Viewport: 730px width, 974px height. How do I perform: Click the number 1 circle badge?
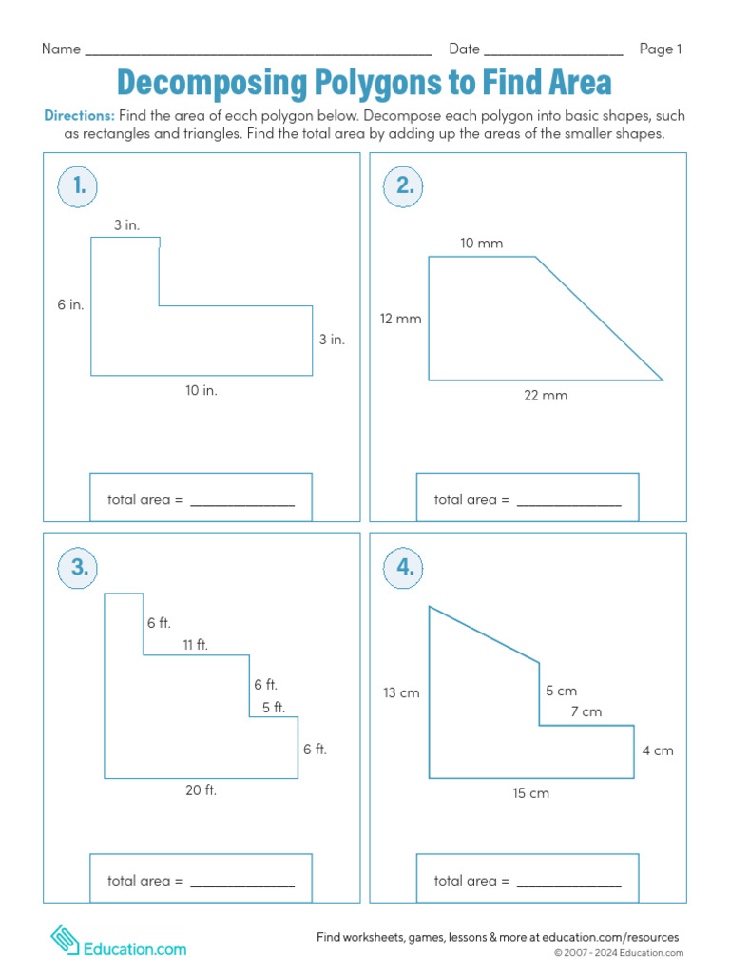click(79, 187)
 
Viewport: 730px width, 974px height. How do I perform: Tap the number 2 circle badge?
click(405, 187)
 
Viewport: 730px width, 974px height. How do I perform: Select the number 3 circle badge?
click(79, 568)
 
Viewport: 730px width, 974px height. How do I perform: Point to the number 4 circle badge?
click(405, 568)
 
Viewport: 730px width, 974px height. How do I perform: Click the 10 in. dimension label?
click(202, 390)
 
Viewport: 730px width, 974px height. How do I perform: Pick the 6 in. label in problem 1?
click(70, 305)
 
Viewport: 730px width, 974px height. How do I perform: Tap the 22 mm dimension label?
click(546, 396)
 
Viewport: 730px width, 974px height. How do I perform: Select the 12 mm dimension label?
click(400, 319)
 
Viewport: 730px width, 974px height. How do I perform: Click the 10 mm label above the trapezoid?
click(481, 243)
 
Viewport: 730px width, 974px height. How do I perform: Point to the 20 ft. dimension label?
click(201, 789)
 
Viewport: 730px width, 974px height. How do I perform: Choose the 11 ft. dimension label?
click(195, 645)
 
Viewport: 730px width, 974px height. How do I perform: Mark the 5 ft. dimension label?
click(273, 707)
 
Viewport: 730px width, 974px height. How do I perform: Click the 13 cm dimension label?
click(401, 693)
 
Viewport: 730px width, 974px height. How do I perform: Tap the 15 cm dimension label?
click(530, 793)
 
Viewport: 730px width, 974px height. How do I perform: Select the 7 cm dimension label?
click(586, 711)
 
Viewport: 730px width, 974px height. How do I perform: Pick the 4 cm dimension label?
click(657, 750)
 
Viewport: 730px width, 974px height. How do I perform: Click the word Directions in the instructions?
click(80, 116)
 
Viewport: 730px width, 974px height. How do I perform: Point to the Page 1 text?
click(661, 49)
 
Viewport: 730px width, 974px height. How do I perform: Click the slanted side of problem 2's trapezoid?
click(599, 319)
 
